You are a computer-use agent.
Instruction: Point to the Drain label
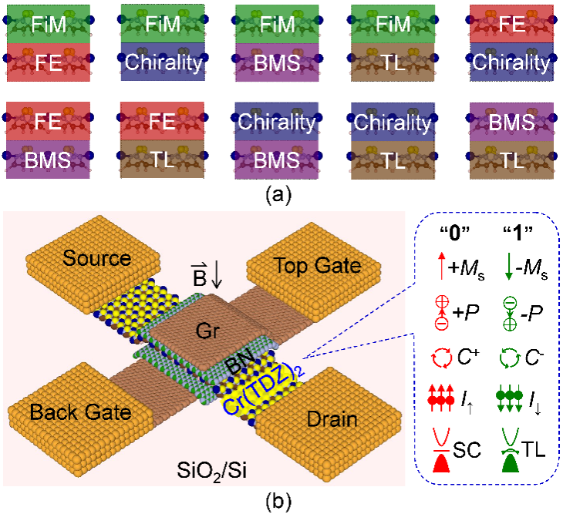[x=333, y=420]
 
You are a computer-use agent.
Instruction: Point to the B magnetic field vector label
[x=200, y=276]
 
